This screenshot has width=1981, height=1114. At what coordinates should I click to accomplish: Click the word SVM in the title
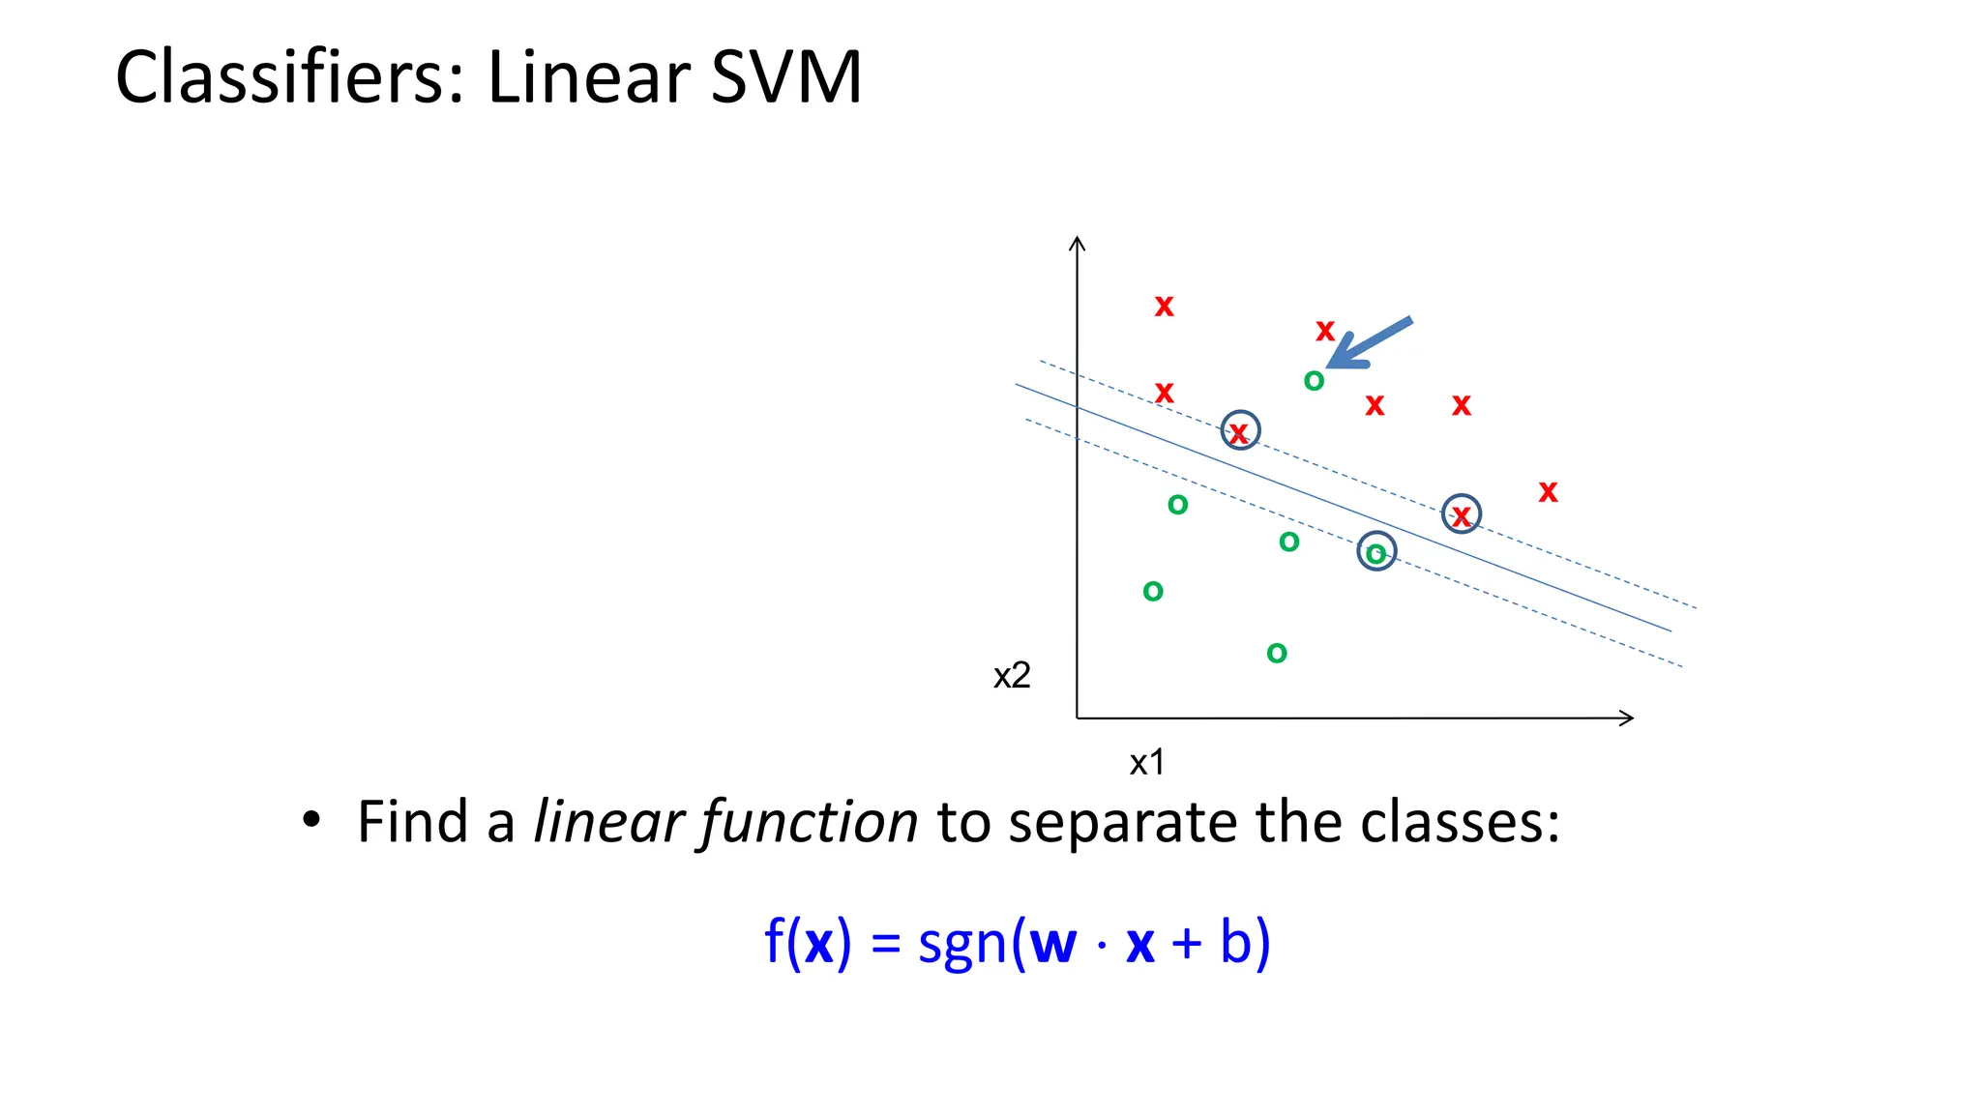click(x=785, y=77)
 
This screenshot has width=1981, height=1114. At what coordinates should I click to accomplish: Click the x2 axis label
click(x=1012, y=675)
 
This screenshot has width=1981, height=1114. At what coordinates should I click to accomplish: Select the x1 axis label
click(x=1147, y=763)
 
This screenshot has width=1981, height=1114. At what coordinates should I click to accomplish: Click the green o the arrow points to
click(x=1314, y=381)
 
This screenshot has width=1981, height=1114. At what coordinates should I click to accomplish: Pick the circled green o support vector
click(x=1375, y=552)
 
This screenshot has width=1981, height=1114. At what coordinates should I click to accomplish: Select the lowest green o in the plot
click(x=1277, y=654)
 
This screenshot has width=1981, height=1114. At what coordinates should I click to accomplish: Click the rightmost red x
click(x=1548, y=492)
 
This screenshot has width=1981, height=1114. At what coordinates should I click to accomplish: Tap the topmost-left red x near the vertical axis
click(x=1164, y=307)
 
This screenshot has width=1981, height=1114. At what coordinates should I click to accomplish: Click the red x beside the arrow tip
click(x=1324, y=331)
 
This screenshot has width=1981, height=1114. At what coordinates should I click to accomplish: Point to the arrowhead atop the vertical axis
click(x=1077, y=244)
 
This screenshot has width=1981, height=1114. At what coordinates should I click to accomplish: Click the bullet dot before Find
click(x=310, y=820)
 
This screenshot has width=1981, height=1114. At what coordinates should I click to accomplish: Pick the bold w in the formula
click(x=1052, y=943)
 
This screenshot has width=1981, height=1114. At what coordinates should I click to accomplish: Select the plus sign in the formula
click(x=1187, y=944)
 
